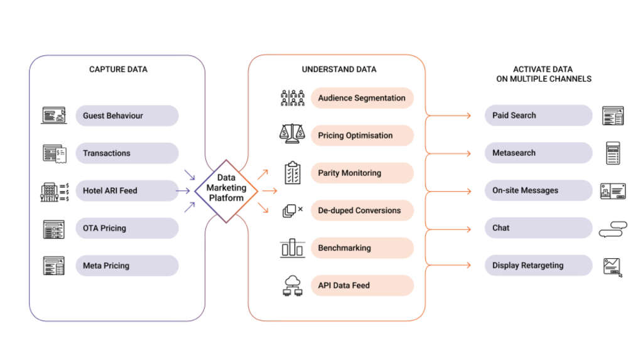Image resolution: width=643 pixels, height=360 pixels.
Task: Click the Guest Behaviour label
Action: tap(113, 116)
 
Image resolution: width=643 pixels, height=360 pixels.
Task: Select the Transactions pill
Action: tap(107, 153)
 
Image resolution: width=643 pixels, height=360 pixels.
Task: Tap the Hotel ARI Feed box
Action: tap(110, 191)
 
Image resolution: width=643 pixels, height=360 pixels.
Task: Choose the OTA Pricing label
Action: tap(104, 228)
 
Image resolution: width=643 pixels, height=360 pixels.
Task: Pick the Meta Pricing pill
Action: tap(106, 266)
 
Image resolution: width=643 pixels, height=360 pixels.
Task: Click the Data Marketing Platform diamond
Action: tap(226, 189)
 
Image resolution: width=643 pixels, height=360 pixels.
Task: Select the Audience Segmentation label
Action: tap(362, 98)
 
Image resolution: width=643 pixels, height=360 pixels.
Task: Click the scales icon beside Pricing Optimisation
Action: tap(292, 134)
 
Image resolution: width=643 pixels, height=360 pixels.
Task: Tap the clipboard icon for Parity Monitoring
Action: tap(292, 173)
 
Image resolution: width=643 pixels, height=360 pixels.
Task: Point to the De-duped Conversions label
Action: tap(359, 210)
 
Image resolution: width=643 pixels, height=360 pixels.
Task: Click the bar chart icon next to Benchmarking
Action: tap(292, 248)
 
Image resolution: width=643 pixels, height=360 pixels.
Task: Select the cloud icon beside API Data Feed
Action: tap(292, 285)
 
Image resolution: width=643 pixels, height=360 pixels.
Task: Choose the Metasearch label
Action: tap(514, 153)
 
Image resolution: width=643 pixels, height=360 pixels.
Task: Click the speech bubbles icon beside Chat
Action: tap(613, 229)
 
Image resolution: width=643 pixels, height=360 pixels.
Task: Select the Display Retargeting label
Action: tap(527, 266)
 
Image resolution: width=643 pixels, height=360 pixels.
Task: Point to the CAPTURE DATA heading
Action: tap(118, 69)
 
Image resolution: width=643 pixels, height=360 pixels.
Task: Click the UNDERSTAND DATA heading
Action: tap(339, 69)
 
